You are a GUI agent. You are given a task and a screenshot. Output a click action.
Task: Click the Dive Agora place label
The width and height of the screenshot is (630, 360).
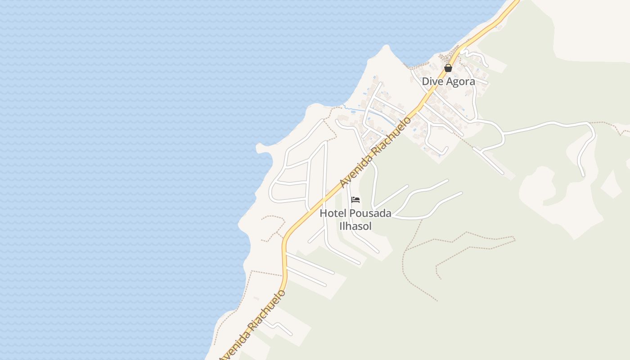pyautogui.click(x=448, y=81)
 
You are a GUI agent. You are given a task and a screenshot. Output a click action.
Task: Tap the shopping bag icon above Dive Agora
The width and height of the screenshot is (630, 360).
pyautogui.click(x=448, y=68)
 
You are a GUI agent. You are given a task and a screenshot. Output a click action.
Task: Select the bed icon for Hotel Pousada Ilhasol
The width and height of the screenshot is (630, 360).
pyautogui.click(x=355, y=199)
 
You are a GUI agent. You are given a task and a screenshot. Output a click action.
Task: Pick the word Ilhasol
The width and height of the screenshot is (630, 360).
pyautogui.click(x=355, y=226)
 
